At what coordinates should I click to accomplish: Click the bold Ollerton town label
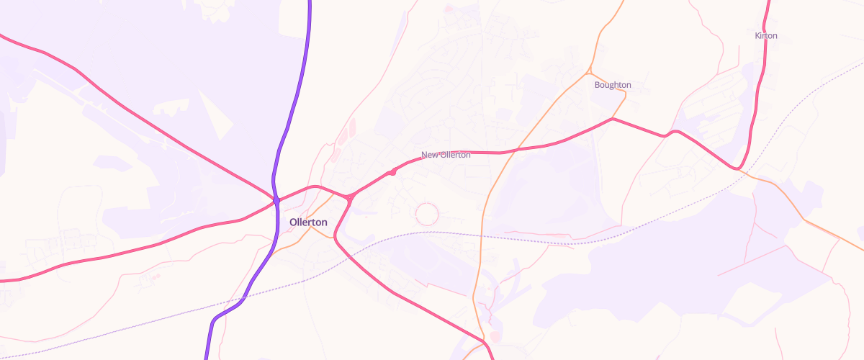pos(308,222)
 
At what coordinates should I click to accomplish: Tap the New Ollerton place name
pos(446,155)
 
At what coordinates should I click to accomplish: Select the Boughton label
pos(613,85)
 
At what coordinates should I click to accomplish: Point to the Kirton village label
pos(766,35)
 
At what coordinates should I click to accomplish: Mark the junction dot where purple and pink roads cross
pos(276,199)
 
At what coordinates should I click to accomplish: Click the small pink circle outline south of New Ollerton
pos(427,213)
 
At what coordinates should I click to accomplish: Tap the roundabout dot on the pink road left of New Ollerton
pos(392,172)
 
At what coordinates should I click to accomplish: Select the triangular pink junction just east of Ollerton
pos(348,197)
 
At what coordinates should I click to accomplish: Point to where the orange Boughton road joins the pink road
pos(612,119)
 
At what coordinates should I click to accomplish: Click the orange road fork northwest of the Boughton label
pos(589,72)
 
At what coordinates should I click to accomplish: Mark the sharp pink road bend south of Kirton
pos(739,169)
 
